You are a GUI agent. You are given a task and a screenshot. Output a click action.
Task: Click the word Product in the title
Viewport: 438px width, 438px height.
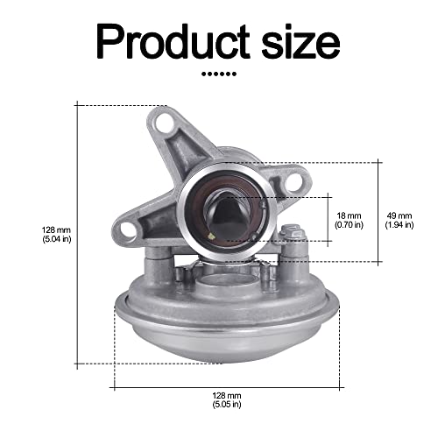[x=173, y=41]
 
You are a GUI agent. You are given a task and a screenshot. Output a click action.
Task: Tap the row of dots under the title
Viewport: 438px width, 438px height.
[x=219, y=74]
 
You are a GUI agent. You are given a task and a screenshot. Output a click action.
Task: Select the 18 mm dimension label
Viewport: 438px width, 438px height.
[x=349, y=215]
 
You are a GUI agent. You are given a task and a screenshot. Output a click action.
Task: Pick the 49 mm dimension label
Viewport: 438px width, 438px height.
[x=399, y=215]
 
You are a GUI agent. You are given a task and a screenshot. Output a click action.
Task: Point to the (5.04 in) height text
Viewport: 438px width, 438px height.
[x=57, y=239]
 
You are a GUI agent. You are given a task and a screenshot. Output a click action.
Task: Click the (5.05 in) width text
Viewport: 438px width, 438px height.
[x=227, y=405]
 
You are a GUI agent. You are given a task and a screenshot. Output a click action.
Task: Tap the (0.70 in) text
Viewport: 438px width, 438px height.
[x=349, y=225]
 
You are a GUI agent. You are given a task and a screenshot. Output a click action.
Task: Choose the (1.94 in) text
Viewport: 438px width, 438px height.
[x=399, y=225]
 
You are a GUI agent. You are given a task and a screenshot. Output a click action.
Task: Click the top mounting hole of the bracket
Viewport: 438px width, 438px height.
[x=164, y=123]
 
